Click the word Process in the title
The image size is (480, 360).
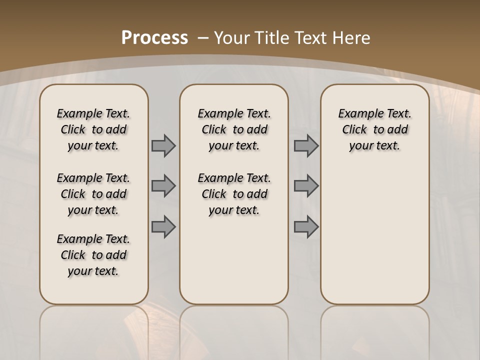click(155, 37)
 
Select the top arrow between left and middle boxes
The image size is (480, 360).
click(163, 146)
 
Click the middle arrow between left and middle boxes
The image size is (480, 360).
click(163, 186)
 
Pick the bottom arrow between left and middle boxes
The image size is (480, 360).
click(163, 227)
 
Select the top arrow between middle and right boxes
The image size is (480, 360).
click(306, 146)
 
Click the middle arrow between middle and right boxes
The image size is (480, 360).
click(306, 186)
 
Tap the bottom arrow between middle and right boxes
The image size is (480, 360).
click(306, 227)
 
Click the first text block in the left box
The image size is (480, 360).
click(93, 129)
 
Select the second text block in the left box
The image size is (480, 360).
click(93, 194)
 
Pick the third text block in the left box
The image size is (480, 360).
click(93, 255)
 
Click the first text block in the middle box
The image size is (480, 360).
click(234, 129)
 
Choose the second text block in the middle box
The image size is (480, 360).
click(234, 194)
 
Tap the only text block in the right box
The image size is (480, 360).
click(374, 129)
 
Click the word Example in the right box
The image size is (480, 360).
click(356, 114)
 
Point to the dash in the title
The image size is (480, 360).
click(203, 37)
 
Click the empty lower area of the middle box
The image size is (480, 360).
click(234, 260)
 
